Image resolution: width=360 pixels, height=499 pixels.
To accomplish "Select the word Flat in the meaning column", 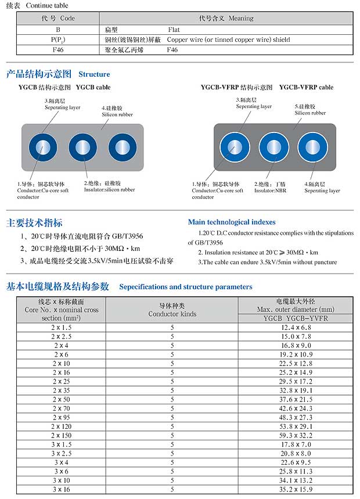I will coord(175,29).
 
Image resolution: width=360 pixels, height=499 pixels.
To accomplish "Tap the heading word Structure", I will coord(94,74).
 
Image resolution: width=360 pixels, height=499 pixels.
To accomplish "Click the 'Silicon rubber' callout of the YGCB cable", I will coord(117,114).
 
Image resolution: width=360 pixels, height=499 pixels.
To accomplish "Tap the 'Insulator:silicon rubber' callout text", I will coord(109,190).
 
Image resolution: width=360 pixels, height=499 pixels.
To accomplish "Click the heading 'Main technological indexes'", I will coord(232,222).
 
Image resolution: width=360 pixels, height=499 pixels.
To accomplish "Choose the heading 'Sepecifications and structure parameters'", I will coord(186,287).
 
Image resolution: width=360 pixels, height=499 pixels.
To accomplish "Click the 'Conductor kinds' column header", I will coord(172,314).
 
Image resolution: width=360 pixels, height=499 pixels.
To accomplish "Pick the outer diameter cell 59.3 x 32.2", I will coord(296,435).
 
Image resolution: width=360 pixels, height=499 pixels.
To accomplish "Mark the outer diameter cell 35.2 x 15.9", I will coord(296,489).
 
